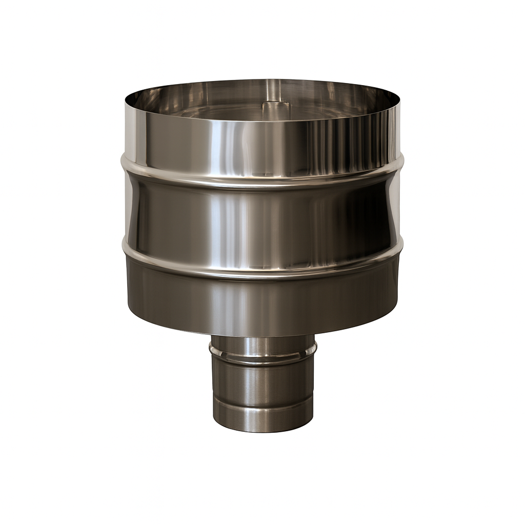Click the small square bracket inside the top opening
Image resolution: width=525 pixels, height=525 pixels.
click(x=276, y=107)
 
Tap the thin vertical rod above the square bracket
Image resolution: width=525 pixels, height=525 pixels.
click(x=275, y=90)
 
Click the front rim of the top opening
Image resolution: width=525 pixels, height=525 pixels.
click(x=262, y=121)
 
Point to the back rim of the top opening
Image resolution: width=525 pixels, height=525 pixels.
click(x=262, y=80)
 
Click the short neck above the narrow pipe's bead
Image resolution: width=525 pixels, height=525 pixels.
click(x=262, y=345)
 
